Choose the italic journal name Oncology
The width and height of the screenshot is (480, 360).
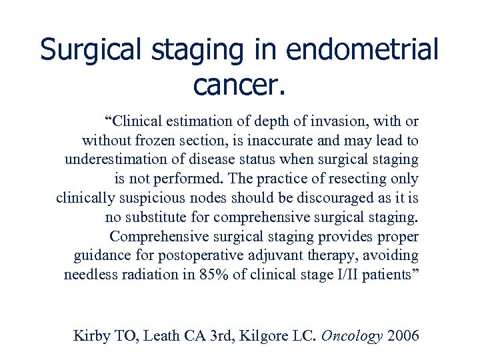click(x=351, y=335)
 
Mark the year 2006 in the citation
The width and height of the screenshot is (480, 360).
click(x=403, y=335)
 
